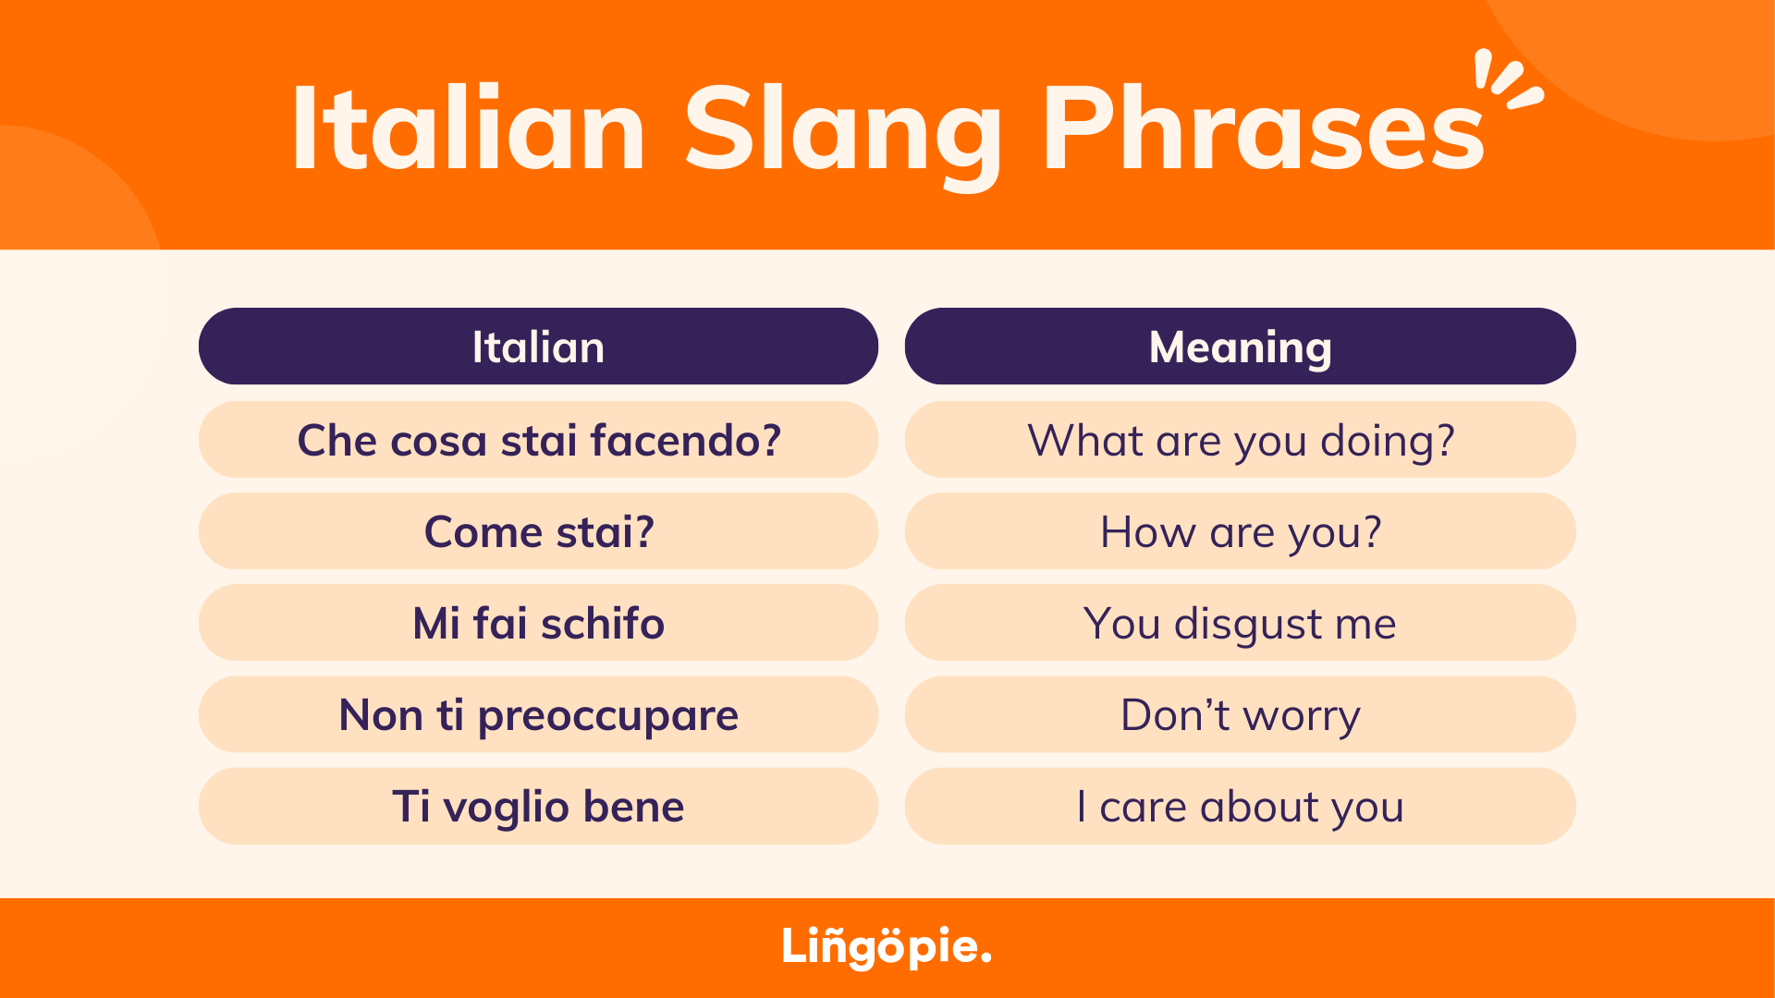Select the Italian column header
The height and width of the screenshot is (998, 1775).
pos(538,347)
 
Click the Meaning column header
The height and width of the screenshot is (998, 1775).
pos(1240,347)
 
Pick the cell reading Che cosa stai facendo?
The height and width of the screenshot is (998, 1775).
pos(538,439)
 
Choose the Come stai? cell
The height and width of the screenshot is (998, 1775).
pos(538,530)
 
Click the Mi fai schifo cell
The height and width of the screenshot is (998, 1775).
pos(538,622)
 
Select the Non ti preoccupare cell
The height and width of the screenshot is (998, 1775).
pos(538,714)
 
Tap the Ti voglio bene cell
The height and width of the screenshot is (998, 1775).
pos(538,806)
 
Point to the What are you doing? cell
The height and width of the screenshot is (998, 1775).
pos(1240,439)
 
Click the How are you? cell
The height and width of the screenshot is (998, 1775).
pos(1240,530)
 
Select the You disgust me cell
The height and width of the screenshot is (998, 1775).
pos(1240,622)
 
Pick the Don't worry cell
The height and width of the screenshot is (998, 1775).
pos(1240,714)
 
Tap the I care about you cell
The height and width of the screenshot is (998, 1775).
pos(1240,806)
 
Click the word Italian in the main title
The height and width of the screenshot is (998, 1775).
pos(469,128)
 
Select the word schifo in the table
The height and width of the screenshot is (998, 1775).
pos(603,623)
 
